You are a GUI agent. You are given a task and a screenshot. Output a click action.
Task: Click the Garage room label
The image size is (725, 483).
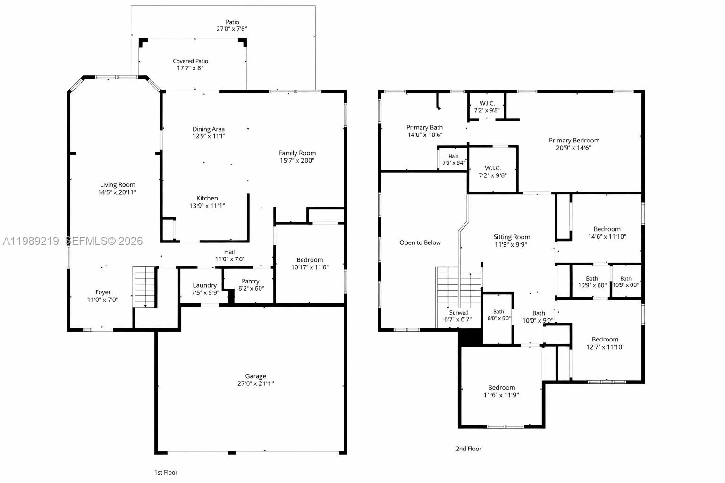tap(255, 376)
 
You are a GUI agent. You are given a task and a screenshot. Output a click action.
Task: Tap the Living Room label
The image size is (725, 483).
tap(118, 185)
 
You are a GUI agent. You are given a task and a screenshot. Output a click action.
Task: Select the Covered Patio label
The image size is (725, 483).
tap(190, 61)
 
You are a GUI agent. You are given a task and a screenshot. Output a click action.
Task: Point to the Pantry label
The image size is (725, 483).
tap(251, 281)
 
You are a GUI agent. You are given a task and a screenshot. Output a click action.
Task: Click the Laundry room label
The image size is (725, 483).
tap(205, 285)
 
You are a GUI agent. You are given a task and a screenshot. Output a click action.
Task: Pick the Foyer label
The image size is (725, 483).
tap(103, 292)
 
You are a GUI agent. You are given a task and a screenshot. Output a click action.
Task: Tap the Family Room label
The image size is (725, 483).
tap(297, 153)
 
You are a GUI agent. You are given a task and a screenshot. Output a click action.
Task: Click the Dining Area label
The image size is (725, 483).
tap(208, 129)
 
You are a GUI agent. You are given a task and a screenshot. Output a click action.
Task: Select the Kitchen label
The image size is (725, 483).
tap(207, 198)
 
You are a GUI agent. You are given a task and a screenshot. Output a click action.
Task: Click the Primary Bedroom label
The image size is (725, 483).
tap(574, 140)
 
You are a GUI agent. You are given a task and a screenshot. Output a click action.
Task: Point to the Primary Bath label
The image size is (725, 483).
tap(424, 127)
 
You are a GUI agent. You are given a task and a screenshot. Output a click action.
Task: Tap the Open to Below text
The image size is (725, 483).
tap(420, 242)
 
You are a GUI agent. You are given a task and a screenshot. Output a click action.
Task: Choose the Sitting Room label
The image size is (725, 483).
tap(512, 237)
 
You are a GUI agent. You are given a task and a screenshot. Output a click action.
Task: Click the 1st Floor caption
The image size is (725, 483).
tap(166, 472)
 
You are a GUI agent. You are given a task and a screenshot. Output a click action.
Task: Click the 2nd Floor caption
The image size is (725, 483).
tap(468, 449)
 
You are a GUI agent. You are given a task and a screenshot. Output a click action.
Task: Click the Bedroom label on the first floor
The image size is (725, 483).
tap(310, 260)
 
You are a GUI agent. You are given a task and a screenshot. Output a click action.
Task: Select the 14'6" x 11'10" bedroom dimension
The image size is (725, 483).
tap(607, 237)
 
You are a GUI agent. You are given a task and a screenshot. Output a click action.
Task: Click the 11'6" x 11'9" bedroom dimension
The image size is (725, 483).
tap(501, 395)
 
